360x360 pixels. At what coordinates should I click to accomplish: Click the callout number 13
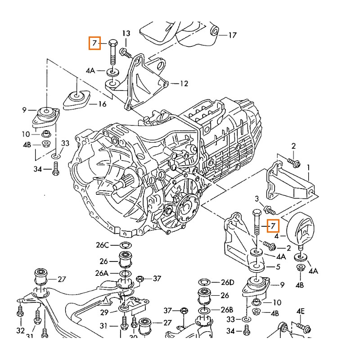click(x=126, y=34)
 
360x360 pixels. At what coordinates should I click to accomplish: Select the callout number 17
click(x=232, y=35)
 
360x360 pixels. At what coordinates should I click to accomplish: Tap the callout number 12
click(x=184, y=83)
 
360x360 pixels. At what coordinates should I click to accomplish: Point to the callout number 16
click(x=102, y=104)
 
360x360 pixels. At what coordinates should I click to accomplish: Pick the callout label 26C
click(x=102, y=245)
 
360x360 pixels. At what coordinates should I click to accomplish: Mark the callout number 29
click(x=104, y=312)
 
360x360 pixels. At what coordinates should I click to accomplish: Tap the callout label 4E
click(x=301, y=311)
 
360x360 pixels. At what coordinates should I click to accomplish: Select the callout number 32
click(x=20, y=331)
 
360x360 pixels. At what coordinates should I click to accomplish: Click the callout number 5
click(x=278, y=267)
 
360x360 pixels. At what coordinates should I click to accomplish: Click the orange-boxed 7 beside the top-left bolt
click(x=94, y=43)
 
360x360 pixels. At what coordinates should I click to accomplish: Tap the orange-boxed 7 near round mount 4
click(x=273, y=225)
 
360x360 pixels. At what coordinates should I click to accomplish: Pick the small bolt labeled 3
click(x=269, y=209)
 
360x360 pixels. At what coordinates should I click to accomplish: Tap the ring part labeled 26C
click(x=124, y=245)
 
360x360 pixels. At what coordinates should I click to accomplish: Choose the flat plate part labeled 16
click(x=77, y=99)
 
